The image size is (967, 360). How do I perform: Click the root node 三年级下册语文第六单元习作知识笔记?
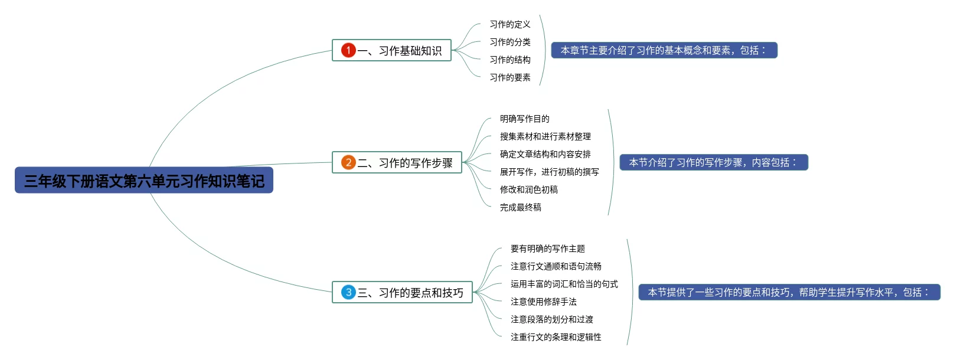[144, 181]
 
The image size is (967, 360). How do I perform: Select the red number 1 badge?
[348, 50]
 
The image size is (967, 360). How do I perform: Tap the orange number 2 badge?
[348, 162]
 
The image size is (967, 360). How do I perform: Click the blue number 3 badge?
[348, 292]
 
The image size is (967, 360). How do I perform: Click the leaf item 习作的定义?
[510, 24]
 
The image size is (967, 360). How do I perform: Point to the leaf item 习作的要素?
[510, 77]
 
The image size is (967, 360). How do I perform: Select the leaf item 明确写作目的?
[524, 119]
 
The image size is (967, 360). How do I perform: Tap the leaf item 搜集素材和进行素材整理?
[545, 136]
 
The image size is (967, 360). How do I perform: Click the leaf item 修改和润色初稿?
[528, 189]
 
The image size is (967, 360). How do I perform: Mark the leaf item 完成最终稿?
[520, 207]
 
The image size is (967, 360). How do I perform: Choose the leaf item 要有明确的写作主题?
[547, 248]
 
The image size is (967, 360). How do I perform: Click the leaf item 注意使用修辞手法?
[543, 302]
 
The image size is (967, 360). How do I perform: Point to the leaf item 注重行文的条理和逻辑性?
[556, 337]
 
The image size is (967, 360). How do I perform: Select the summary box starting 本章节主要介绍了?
[664, 50]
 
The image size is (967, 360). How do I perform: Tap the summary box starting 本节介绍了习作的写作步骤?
[713, 162]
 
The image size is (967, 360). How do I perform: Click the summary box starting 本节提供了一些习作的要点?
[789, 292]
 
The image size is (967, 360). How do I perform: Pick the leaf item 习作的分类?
[510, 42]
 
